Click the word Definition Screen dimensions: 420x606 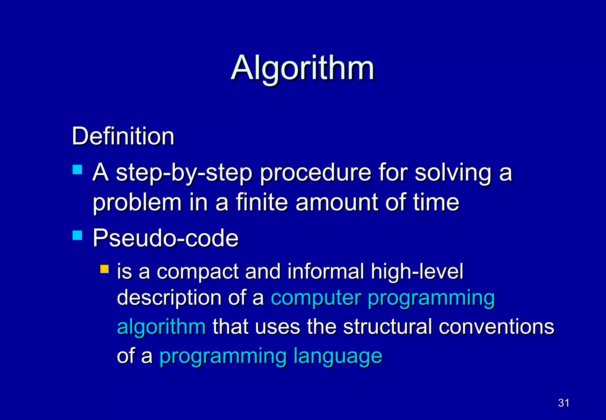pyautogui.click(x=123, y=136)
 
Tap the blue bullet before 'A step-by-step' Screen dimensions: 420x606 pyautogui.click(x=77, y=170)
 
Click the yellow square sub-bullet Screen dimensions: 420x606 pyautogui.click(x=104, y=269)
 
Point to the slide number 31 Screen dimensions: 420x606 pyautogui.click(x=563, y=403)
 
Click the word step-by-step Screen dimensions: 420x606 pyautogui.click(x=184, y=173)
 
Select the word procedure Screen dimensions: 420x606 pyautogui.click(x=315, y=173)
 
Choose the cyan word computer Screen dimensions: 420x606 pyautogui.click(x=316, y=298)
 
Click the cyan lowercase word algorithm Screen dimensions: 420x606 pyautogui.click(x=161, y=327)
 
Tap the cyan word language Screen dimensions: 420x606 pyautogui.click(x=338, y=356)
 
